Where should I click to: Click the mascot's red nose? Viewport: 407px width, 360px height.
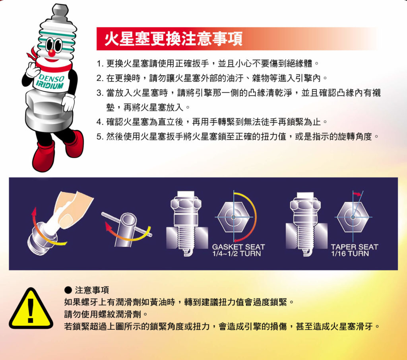click(x=52, y=53)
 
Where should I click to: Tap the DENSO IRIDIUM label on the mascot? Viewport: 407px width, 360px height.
click(x=50, y=82)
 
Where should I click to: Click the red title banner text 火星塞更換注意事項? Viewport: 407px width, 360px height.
click(x=173, y=39)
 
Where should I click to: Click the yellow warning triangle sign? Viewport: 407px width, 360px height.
click(x=31, y=308)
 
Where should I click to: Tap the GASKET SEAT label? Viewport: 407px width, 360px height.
click(x=238, y=247)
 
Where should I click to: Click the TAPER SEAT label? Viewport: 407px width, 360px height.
click(x=355, y=247)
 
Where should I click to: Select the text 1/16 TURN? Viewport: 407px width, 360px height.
click(x=350, y=253)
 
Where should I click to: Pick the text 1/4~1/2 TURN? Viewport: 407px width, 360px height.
click(x=236, y=253)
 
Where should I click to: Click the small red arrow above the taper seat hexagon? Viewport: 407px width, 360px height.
click(x=357, y=194)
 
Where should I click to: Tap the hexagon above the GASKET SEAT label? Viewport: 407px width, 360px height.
click(x=234, y=217)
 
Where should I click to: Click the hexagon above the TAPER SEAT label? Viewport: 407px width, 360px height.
click(x=353, y=217)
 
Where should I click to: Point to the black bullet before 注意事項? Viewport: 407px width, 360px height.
click(x=68, y=290)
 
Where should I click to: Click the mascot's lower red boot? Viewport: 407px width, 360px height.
click(x=44, y=157)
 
